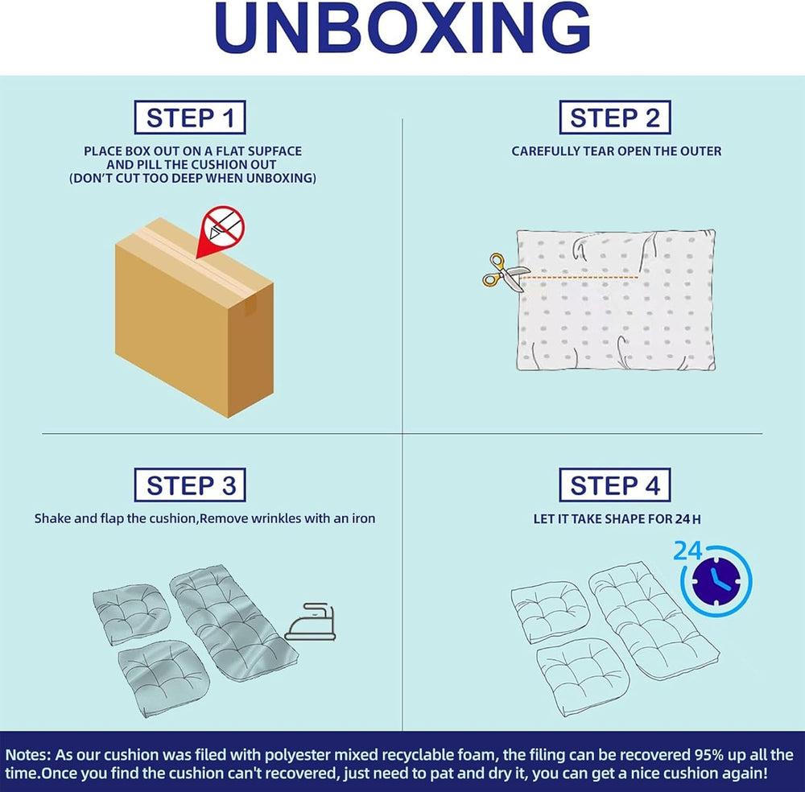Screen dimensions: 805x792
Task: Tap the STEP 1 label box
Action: tap(190, 118)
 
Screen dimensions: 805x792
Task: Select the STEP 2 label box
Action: tap(614, 118)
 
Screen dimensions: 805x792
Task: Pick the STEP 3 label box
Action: tap(190, 485)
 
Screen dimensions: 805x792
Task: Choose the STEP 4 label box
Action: tap(614, 485)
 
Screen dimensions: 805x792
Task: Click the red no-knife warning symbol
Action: tap(222, 227)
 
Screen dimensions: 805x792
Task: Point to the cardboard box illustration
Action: tap(194, 317)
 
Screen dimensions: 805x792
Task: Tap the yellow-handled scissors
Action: tap(502, 273)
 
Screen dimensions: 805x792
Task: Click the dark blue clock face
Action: tap(716, 581)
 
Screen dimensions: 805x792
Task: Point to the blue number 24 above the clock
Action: tap(687, 551)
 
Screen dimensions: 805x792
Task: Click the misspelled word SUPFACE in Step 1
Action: tap(275, 151)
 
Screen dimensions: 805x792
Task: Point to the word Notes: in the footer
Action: tap(28, 755)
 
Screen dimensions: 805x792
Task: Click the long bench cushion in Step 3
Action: tap(233, 623)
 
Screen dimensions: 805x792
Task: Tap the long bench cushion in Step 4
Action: tap(654, 621)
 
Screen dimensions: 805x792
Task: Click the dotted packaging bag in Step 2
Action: tap(616, 299)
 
